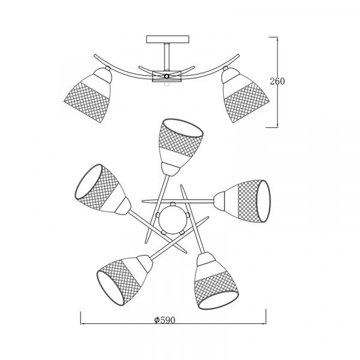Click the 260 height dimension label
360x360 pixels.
277,81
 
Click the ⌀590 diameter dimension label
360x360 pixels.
164,320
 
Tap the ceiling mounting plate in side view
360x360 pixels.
167,39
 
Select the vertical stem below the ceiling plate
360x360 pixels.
167,56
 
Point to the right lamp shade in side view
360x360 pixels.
245,94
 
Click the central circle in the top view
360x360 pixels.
173,218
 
